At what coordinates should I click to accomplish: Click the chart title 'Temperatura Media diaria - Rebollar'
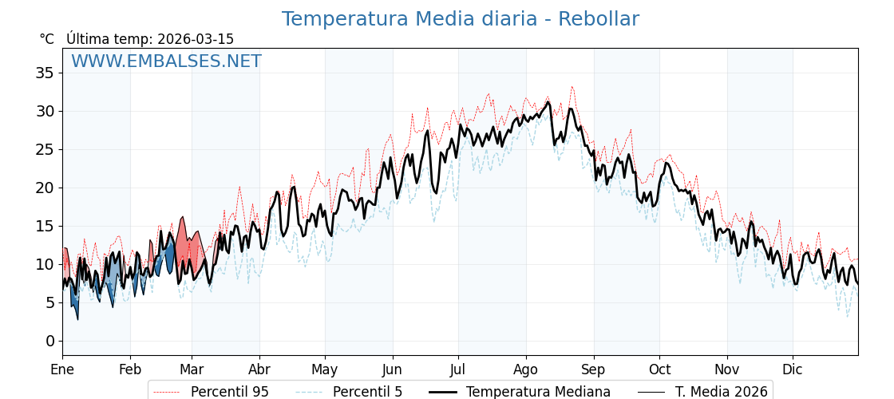coord(460,19)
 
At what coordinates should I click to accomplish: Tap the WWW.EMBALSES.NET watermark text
coord(166,61)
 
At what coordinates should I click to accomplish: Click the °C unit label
coord(47,39)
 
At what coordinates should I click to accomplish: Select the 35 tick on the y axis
coord(45,73)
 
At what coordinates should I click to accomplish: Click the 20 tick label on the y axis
coord(45,188)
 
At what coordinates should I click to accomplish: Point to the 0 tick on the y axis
coord(49,341)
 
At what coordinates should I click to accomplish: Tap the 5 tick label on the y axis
coord(49,302)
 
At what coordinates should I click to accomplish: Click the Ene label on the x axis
coord(62,369)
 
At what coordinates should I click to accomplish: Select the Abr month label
coord(259,369)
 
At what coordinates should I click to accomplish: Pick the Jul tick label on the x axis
coord(458,369)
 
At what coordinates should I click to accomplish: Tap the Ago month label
coord(526,369)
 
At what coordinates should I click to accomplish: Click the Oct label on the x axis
coord(659,369)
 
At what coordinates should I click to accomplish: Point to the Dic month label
coord(793,369)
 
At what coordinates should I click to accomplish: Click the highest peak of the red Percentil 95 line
coord(572,86)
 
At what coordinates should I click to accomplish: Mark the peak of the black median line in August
coord(548,102)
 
